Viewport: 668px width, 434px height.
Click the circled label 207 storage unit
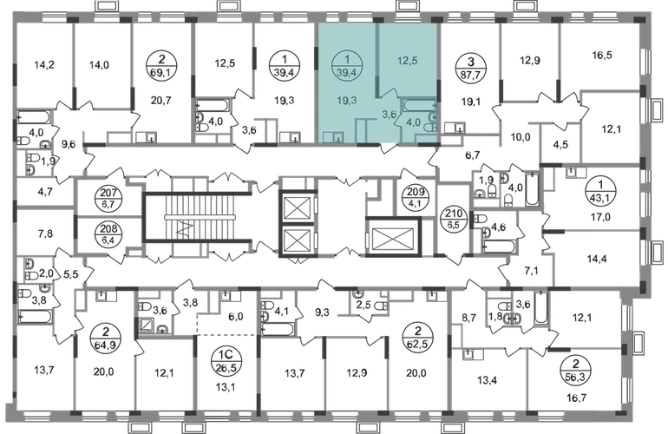(108, 198)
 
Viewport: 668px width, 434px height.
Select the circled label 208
(108, 234)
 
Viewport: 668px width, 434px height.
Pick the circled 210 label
(454, 219)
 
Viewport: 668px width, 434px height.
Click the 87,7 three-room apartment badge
(471, 68)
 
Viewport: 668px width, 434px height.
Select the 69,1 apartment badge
(161, 67)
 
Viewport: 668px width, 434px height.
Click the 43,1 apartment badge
(600, 192)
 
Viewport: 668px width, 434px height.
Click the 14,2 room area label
(44, 65)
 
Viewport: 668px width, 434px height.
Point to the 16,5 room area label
(602, 55)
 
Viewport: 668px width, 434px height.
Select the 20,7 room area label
(161, 101)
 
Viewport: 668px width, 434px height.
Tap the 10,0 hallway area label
(521, 137)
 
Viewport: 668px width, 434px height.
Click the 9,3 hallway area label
(322, 312)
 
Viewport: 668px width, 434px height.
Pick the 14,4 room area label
(597, 259)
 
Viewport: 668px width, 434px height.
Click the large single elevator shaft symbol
(393, 237)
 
